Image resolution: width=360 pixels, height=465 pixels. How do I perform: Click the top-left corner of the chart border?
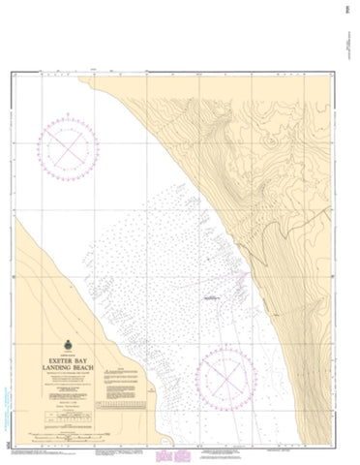point(16,71)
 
